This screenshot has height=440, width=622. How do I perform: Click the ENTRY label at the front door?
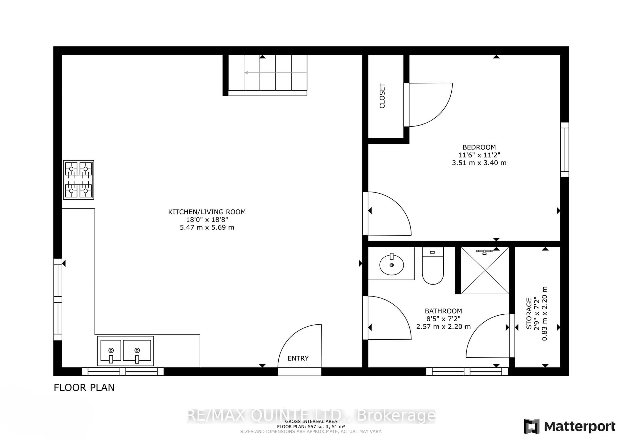[298, 359]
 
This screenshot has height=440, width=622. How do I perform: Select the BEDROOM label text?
[479, 147]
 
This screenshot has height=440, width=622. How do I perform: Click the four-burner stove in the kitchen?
[79, 180]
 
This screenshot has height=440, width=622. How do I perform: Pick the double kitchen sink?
[125, 351]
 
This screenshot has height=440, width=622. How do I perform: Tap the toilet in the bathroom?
[433, 266]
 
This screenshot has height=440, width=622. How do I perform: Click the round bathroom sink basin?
[392, 265]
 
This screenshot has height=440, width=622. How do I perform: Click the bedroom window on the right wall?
[564, 150]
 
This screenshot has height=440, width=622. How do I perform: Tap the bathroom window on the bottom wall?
[467, 371]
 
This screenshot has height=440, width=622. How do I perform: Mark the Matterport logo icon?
[531, 426]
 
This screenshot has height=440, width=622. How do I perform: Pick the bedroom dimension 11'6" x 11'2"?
[479, 155]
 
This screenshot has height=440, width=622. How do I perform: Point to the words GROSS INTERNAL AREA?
[311, 422]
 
